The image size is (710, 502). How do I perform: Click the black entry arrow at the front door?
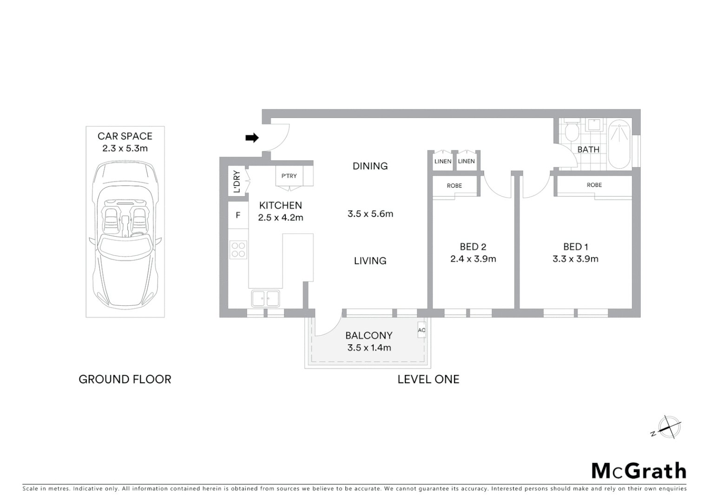252,138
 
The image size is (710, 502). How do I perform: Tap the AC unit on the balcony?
421,330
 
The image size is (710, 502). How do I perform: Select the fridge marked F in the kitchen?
238,215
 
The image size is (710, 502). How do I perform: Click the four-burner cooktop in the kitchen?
238,250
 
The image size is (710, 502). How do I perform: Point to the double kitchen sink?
265,298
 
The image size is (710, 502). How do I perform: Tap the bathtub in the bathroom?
619,144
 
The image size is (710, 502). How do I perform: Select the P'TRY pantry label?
289,176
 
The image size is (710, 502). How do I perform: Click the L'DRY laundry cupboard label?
237,182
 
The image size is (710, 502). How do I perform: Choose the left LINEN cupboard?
442,161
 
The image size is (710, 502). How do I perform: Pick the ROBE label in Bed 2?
454,185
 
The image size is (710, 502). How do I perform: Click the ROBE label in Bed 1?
594,185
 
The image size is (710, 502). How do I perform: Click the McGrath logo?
638,471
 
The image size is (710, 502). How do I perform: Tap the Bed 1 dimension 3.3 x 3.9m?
575,259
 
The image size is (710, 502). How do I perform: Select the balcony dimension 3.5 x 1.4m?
369,348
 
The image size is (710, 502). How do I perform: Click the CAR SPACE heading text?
125,136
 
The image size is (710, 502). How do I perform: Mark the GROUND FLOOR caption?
125,379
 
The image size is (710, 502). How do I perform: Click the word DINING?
370,166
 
